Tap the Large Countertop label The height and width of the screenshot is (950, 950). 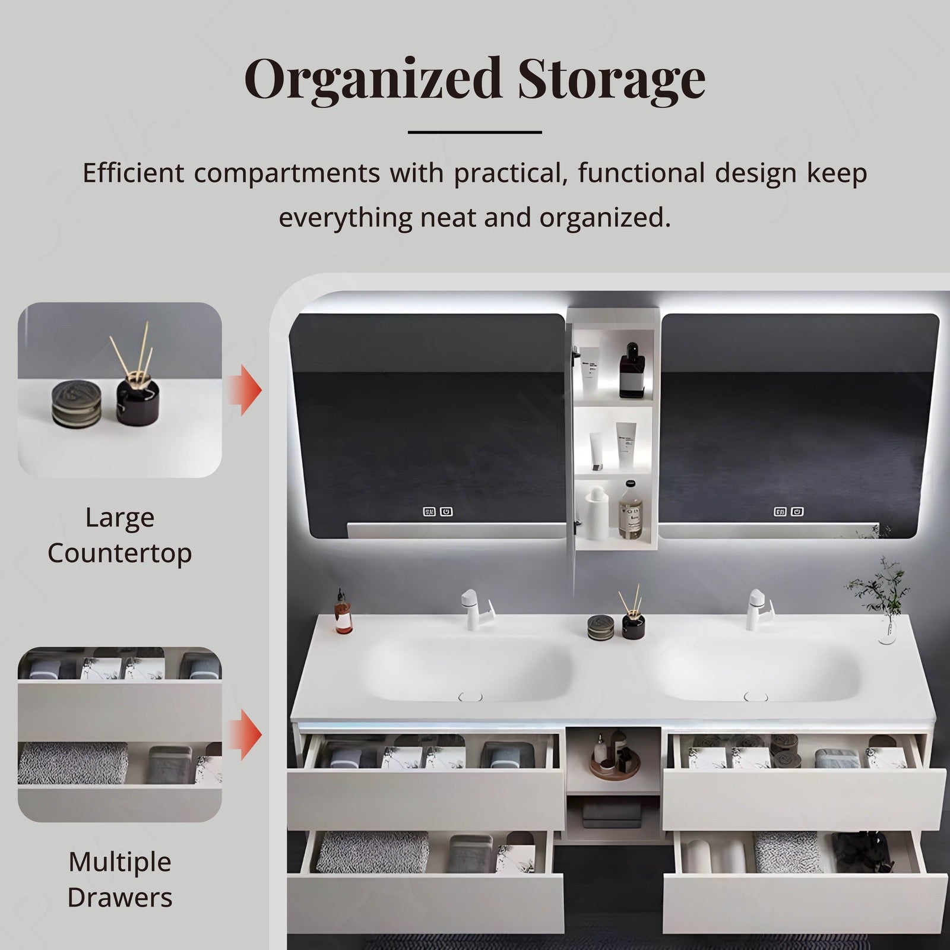pyautogui.click(x=119, y=535)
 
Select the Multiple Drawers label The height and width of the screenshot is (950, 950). pyautogui.click(x=119, y=879)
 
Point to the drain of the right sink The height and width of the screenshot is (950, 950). pyautogui.click(x=755, y=696)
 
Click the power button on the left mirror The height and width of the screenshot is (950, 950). pyautogui.click(x=446, y=511)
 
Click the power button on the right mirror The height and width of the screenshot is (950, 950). pyautogui.click(x=797, y=511)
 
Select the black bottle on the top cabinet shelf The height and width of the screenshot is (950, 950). pyautogui.click(x=631, y=374)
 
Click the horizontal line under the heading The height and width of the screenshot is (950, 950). pyautogui.click(x=475, y=132)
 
